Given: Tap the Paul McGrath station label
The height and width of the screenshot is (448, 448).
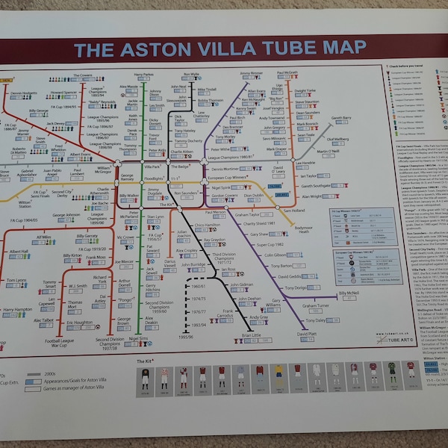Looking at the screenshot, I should pos(287,73).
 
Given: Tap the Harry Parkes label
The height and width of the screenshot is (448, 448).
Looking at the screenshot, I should pos(143,75).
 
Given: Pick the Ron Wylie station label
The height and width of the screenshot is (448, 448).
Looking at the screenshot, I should pos(190,75).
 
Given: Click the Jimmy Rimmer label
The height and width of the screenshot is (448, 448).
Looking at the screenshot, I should pos(251,73).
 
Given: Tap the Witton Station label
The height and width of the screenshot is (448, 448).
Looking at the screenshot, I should pos(25,202).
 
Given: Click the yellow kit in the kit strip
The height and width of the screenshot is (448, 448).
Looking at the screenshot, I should pos(276,373).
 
